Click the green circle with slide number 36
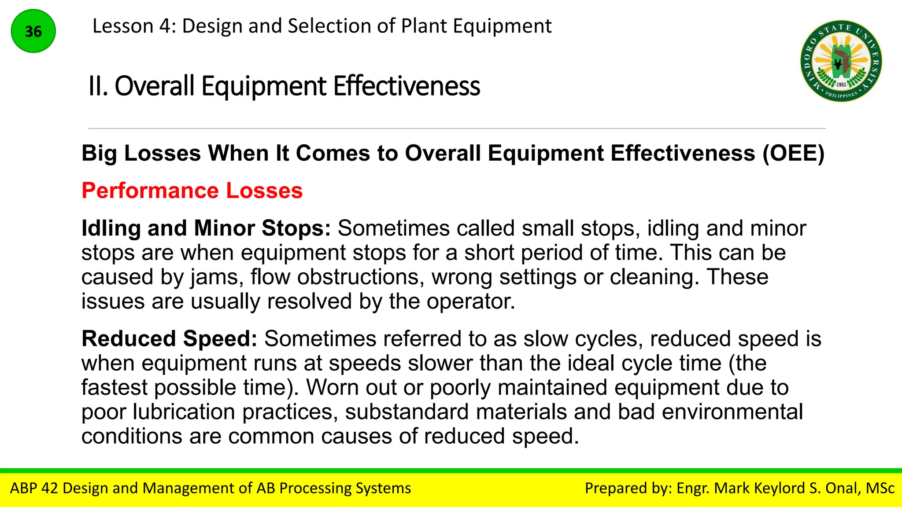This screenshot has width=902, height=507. point(33,31)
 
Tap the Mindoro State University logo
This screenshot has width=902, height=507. point(841,61)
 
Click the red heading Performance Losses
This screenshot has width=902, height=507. point(192,191)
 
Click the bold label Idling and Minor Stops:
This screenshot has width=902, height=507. point(206,228)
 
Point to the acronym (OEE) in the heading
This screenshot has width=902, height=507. point(793,153)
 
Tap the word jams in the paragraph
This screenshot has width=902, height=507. point(217,277)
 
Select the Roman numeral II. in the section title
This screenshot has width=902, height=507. point(98,86)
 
